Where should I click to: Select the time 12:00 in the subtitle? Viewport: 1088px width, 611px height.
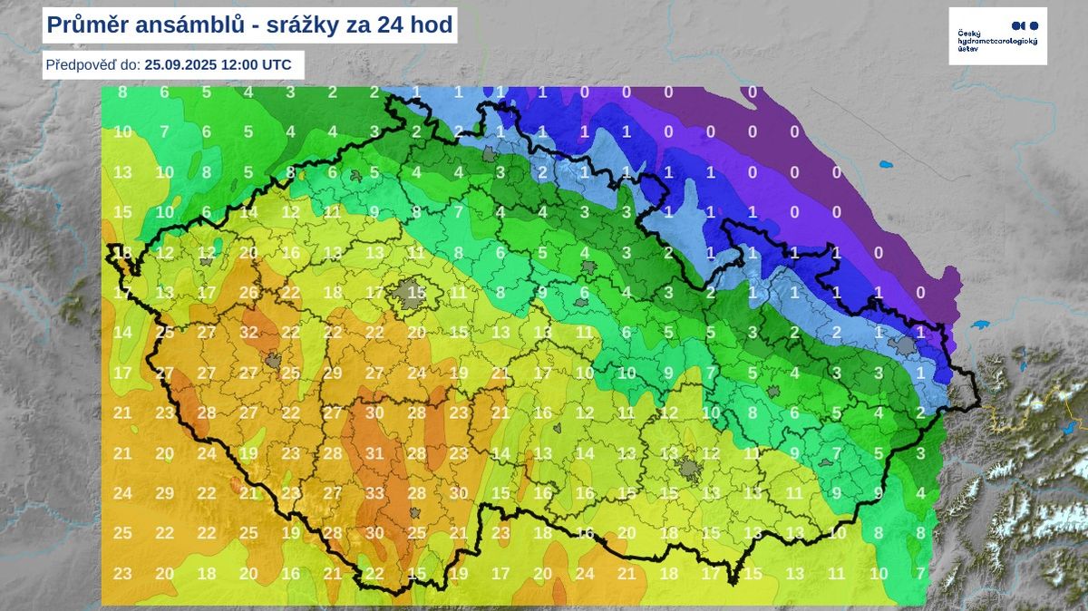click(249, 65)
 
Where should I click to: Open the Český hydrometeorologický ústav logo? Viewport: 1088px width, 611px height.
click(997, 36)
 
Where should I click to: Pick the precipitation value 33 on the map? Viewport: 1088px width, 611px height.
click(374, 493)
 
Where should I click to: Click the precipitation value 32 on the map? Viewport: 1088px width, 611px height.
click(249, 333)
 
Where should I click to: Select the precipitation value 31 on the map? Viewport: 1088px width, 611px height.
click(374, 453)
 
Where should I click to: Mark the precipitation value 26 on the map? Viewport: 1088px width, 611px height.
click(249, 293)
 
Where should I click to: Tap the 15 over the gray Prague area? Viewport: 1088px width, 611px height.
click(415, 292)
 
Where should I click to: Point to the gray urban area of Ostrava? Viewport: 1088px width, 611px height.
click(903, 345)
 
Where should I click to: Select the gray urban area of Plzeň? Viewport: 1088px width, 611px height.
click(273, 361)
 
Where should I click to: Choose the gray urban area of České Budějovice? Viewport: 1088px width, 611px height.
click(414, 513)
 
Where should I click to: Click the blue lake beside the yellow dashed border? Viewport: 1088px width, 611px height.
click(1068, 426)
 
